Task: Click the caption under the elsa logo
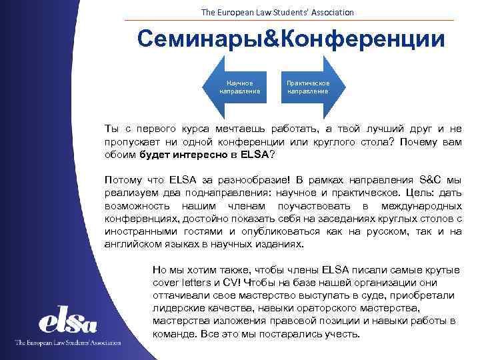pos(67,343)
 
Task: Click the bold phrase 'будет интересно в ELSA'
pos(203,155)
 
